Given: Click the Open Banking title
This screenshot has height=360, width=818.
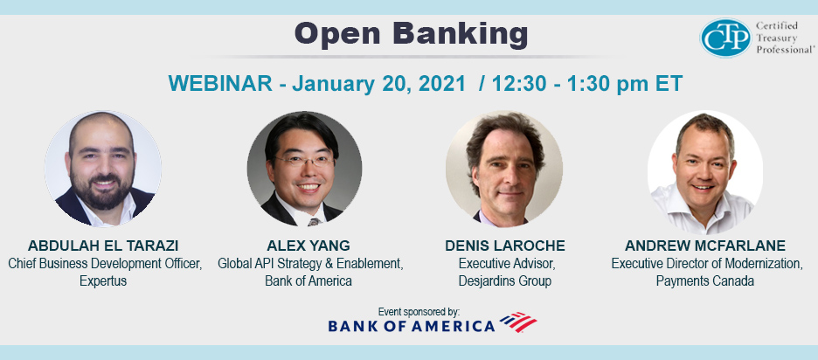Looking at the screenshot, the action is coord(411,34).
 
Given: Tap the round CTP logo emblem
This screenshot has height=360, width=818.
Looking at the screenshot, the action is coord(725,38).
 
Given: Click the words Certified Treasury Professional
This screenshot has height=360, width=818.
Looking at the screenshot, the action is coord(785,38).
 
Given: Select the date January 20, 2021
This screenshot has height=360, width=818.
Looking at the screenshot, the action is coord(378,84).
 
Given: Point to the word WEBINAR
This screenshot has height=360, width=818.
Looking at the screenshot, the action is coord(220,84).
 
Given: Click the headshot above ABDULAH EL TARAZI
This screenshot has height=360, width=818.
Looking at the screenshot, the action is coord(103,169).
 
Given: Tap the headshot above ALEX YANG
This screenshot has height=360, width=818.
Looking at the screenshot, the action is coord(304,169).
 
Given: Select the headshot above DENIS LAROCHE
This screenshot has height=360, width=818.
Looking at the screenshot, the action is coord(504,169).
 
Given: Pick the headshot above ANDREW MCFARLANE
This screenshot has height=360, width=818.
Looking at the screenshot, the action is coord(705,171).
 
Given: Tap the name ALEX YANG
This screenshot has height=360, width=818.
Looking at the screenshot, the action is coord(308,246).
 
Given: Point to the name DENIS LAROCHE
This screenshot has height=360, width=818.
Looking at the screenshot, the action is coord(505,246).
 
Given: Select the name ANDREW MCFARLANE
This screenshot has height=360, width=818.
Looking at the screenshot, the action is coord(705,246).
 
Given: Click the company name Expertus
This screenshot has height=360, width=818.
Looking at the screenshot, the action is coord(103,281).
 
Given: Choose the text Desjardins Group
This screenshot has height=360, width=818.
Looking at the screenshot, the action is coord(505,281).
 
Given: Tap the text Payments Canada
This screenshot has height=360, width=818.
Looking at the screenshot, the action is coord(705,281).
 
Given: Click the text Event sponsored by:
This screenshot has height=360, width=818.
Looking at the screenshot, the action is coord(419,312).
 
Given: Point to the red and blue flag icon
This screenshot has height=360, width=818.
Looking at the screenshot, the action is coord(518,322).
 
